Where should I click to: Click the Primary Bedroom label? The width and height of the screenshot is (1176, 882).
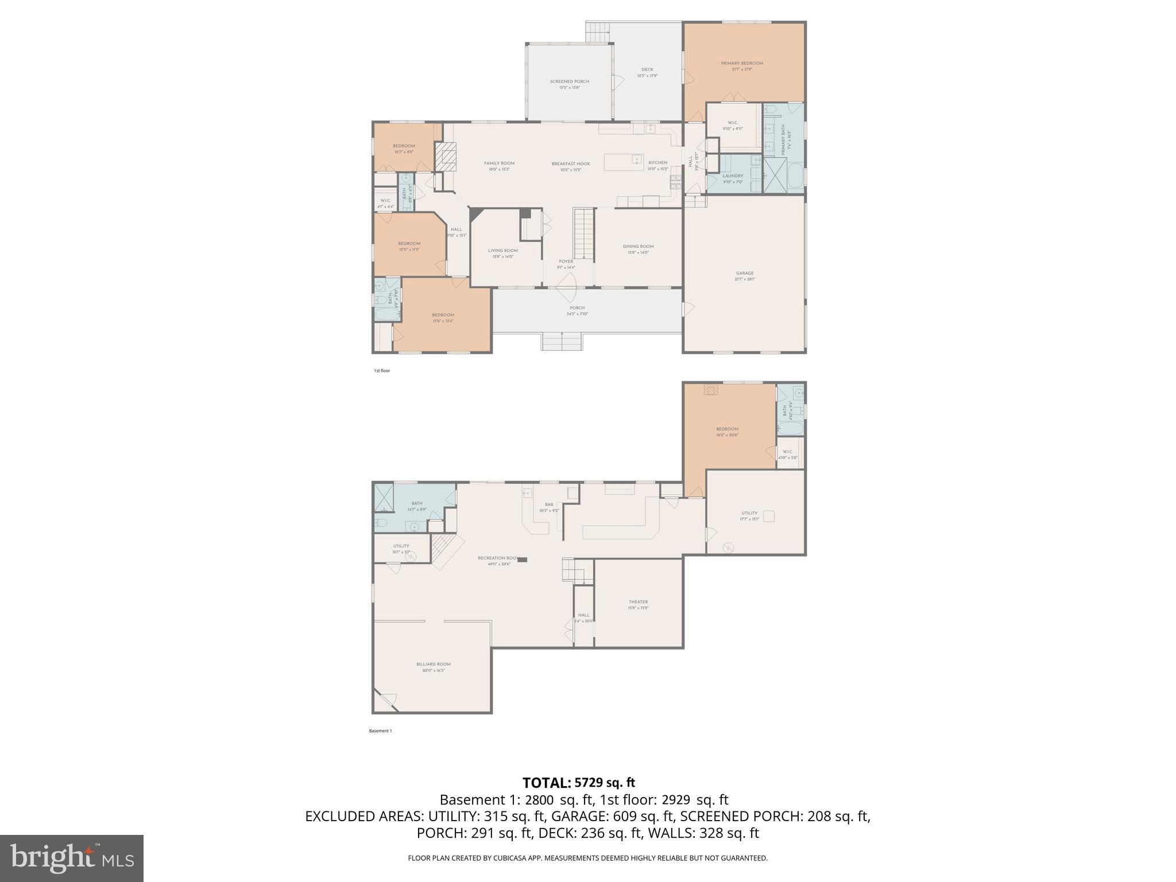pos(742,63)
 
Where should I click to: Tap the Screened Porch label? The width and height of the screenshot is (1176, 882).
pos(569,82)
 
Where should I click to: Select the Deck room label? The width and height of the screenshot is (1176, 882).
pos(647,69)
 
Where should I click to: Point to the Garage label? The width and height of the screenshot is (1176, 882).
pos(745,273)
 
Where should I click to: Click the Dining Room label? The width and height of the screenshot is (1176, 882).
pos(638,246)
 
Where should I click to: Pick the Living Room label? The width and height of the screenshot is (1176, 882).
pos(502,250)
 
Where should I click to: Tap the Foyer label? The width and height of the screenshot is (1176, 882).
pos(566,261)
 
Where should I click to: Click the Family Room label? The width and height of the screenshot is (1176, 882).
pos(499,163)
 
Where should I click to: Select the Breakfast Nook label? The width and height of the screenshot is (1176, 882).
pos(571,164)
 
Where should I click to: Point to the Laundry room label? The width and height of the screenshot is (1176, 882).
pos(733,176)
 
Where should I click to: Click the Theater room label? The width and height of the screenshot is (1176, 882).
pos(638,602)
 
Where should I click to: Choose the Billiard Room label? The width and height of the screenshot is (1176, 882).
pos(434,664)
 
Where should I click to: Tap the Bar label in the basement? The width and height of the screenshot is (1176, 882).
pos(549,504)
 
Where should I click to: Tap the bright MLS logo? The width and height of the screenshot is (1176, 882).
pos(72,858)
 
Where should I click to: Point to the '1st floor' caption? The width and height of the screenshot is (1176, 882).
pos(382,371)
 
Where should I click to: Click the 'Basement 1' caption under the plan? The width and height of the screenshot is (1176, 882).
pos(380,731)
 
